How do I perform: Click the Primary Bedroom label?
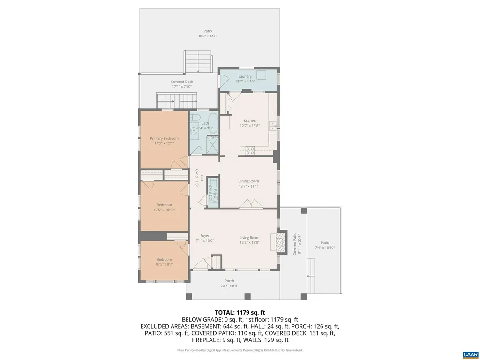click(164, 138)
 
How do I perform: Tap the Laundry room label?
click(245, 76)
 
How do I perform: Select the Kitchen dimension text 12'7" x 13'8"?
click(249, 125)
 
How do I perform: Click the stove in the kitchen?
click(250, 150)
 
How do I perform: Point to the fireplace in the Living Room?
click(280, 242)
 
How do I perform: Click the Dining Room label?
click(248, 181)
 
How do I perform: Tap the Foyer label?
click(205, 235)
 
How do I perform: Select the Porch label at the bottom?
click(229, 281)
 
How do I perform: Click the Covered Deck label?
click(181, 82)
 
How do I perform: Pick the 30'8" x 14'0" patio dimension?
click(208, 36)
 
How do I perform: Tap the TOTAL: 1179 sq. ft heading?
click(240, 312)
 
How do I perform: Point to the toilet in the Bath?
click(195, 117)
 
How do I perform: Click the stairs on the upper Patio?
click(199, 61)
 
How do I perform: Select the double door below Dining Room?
click(248, 204)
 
